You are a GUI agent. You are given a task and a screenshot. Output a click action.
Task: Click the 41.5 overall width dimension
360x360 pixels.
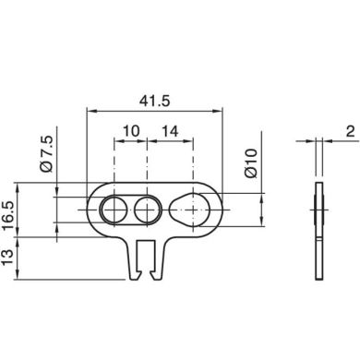click(154, 102)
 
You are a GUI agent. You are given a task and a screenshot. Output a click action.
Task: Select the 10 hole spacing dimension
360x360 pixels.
click(131, 131)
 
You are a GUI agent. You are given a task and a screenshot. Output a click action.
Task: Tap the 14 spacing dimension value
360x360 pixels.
click(170, 131)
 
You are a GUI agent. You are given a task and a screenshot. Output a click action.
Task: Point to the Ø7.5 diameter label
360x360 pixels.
click(46, 153)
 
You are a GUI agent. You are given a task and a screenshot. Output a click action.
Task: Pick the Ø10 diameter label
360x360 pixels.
click(251, 163)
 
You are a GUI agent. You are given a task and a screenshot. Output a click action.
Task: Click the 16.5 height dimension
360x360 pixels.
click(7, 215)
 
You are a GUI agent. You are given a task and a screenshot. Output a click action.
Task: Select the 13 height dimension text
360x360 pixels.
click(7, 257)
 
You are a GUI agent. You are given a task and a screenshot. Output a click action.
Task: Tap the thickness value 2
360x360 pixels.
click(350, 132)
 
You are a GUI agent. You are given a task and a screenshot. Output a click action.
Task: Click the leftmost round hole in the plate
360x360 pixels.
click(114, 210)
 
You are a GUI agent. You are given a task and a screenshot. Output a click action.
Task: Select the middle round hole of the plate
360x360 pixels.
click(148, 210)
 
